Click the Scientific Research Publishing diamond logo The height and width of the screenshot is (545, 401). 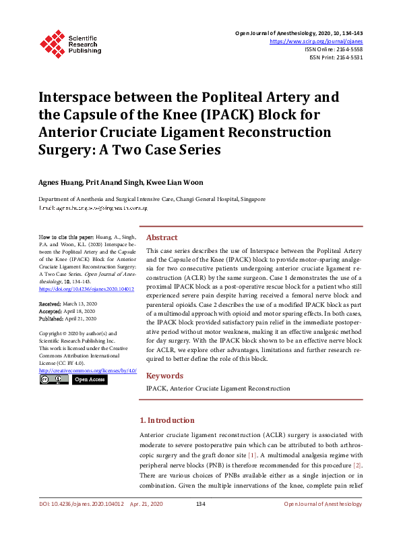pyautogui.click(x=52, y=42)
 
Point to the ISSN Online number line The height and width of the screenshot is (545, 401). pyautogui.click(x=334, y=49)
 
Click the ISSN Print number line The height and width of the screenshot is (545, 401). pyautogui.click(x=336, y=57)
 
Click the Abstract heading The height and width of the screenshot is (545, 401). pyautogui.click(x=162, y=237)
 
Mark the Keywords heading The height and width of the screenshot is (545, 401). pyautogui.click(x=164, y=374)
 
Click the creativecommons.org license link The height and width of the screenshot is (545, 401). pyautogui.click(x=88, y=371)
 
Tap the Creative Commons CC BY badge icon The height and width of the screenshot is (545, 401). pyautogui.click(x=53, y=380)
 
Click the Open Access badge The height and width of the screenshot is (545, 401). pyautogui.click(x=89, y=380)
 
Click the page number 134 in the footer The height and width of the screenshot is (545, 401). pyautogui.click(x=200, y=505)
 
